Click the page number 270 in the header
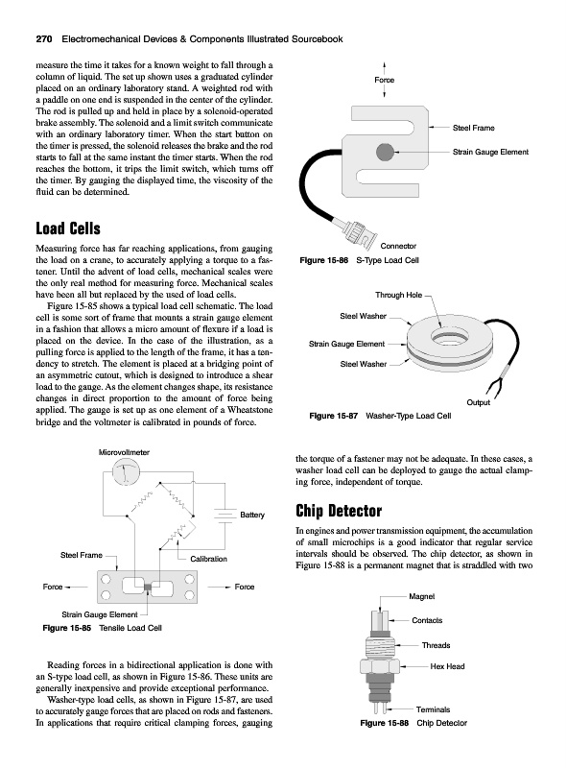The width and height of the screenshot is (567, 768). click(44, 39)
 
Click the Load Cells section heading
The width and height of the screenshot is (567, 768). click(68, 228)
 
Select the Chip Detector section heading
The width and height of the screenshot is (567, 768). click(339, 511)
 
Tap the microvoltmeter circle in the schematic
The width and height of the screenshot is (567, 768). click(126, 471)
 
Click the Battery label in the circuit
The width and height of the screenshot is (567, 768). click(252, 515)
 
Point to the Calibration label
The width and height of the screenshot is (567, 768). click(208, 559)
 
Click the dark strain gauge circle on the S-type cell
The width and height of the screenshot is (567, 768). click(385, 152)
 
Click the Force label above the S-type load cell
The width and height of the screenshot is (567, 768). click(385, 80)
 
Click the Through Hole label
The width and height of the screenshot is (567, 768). click(398, 295)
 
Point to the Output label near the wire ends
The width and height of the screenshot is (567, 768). click(479, 402)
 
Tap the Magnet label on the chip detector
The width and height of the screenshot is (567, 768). click(421, 596)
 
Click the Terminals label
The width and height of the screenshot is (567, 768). click(433, 709)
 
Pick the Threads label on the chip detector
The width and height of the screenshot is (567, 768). click(436, 645)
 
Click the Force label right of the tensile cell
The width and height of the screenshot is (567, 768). click(245, 587)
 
